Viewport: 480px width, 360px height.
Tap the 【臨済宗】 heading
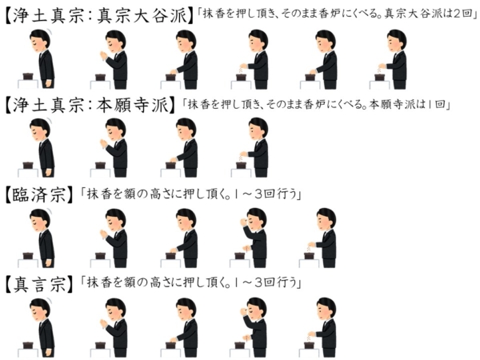pyautogui.click(x=39, y=194)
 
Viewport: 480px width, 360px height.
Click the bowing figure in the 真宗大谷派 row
pyautogui.click(x=42, y=58)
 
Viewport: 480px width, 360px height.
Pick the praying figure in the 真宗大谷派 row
pyautogui.click(x=114, y=59)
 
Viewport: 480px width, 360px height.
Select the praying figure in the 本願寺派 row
pyautogui.click(x=114, y=147)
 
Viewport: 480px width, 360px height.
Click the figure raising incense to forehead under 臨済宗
pyautogui.click(x=254, y=238)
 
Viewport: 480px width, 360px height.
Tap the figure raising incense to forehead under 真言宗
pyautogui.click(x=254, y=327)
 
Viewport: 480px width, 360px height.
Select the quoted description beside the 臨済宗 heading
pyautogui.click(x=190, y=194)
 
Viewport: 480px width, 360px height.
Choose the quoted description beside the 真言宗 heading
pyautogui.click(x=190, y=283)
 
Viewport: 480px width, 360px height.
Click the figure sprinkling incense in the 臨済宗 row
pyautogui.click(x=322, y=238)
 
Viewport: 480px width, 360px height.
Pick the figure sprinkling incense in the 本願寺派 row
pyautogui.click(x=254, y=147)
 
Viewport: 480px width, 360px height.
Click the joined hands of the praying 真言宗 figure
pyautogui.click(x=104, y=324)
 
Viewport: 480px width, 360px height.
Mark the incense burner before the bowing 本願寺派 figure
pyautogui.click(x=28, y=166)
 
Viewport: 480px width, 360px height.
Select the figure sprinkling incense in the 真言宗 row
pyautogui.click(x=322, y=327)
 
